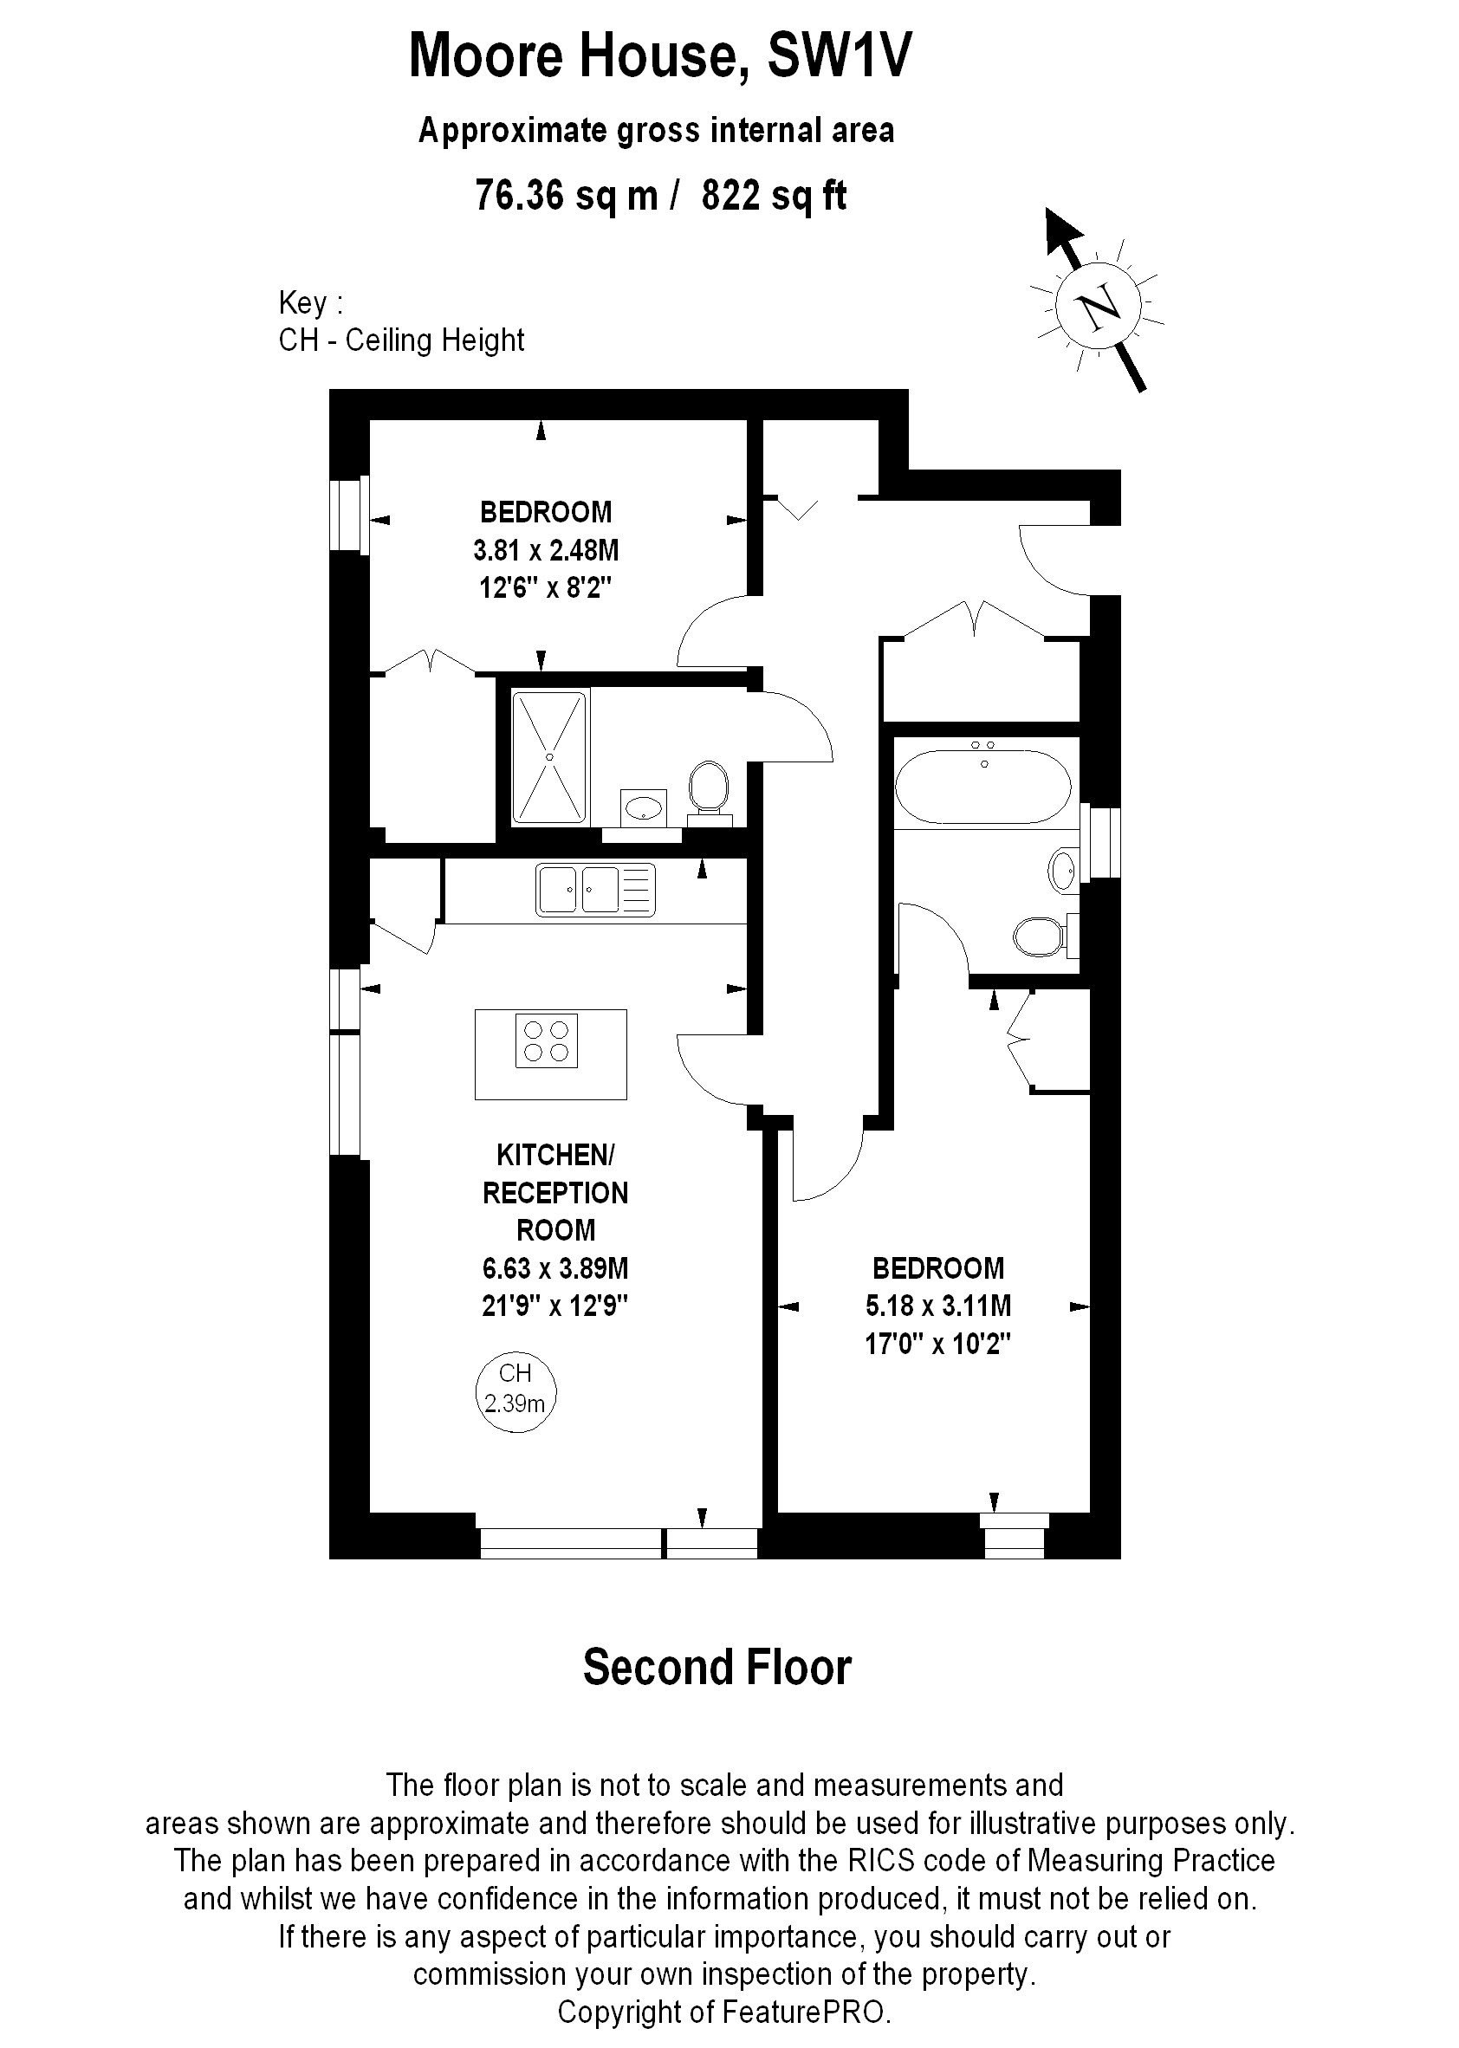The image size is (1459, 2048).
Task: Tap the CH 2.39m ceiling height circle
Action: pyautogui.click(x=515, y=1391)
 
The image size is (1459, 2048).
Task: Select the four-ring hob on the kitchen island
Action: pyautogui.click(x=546, y=1041)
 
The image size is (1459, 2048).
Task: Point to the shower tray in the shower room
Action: pyautogui.click(x=550, y=756)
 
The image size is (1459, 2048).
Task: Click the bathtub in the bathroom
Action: pyautogui.click(x=983, y=787)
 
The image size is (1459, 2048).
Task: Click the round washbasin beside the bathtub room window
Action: pyautogui.click(x=1063, y=869)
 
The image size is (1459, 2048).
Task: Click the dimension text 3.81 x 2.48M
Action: pyautogui.click(x=545, y=550)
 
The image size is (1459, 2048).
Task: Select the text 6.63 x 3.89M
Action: pyautogui.click(x=554, y=1267)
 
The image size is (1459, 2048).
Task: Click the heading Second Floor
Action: pyautogui.click(x=717, y=1668)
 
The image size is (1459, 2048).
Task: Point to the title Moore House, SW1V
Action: pyautogui.click(x=660, y=55)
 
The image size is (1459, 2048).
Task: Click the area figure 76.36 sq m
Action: pyautogui.click(x=566, y=195)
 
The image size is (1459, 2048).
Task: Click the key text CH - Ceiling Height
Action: pyautogui.click(x=402, y=340)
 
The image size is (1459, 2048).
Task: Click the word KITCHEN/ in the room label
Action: pyautogui.click(x=555, y=1154)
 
